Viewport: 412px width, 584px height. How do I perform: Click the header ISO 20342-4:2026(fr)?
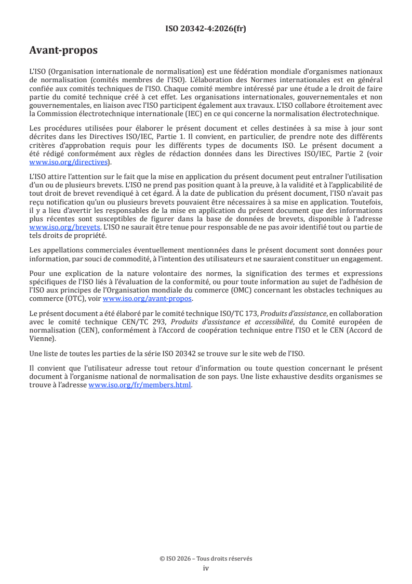click(206, 29)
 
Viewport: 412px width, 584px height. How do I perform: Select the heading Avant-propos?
click(63, 50)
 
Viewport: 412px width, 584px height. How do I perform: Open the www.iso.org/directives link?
click(68, 162)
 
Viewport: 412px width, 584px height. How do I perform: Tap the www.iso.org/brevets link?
click(64, 227)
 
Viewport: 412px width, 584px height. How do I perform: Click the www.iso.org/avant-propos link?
click(148, 298)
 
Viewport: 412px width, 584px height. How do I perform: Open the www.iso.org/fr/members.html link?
click(140, 385)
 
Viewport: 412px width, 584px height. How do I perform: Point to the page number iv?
click(206, 568)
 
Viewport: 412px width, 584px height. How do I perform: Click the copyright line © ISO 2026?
click(206, 558)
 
